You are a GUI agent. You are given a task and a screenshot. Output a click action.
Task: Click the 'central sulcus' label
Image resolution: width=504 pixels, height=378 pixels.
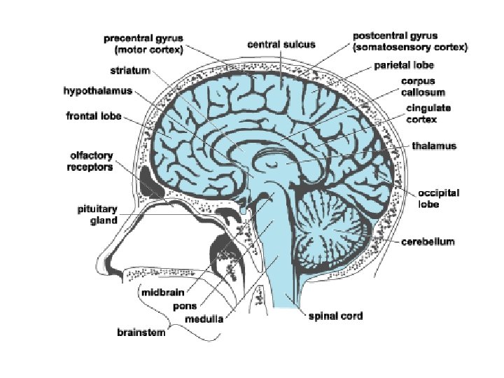coord(281,44)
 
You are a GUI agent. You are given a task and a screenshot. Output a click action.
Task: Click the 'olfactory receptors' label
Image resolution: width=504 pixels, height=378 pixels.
coord(90,161)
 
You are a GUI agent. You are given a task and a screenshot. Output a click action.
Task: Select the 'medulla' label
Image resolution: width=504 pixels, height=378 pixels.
coord(204,319)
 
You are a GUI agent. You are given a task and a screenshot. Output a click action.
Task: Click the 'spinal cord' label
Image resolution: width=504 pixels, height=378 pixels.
coord(336,316)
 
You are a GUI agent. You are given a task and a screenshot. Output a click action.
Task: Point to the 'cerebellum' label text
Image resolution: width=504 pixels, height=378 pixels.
coord(428,241)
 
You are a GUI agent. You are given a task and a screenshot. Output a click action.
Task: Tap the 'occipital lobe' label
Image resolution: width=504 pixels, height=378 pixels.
coord(438,199)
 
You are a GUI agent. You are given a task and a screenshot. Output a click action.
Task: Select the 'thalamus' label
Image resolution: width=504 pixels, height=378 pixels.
coord(434,146)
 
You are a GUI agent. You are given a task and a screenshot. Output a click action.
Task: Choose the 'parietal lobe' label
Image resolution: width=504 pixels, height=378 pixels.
coord(404,65)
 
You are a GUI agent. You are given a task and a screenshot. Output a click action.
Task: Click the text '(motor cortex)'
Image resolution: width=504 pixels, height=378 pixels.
coord(148,50)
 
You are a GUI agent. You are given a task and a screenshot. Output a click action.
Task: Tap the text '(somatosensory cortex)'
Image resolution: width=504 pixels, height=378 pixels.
coord(410,47)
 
